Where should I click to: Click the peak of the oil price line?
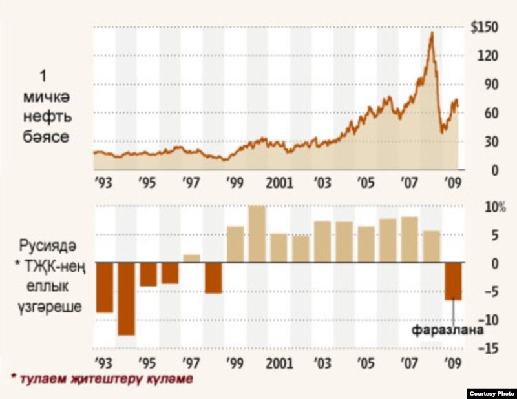(431, 32)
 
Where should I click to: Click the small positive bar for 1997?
(192, 259)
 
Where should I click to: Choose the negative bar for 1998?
(213, 278)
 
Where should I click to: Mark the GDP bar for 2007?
(409, 240)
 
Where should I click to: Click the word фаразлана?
(448, 331)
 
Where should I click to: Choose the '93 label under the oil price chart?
(103, 182)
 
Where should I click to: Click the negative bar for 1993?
(104, 288)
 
